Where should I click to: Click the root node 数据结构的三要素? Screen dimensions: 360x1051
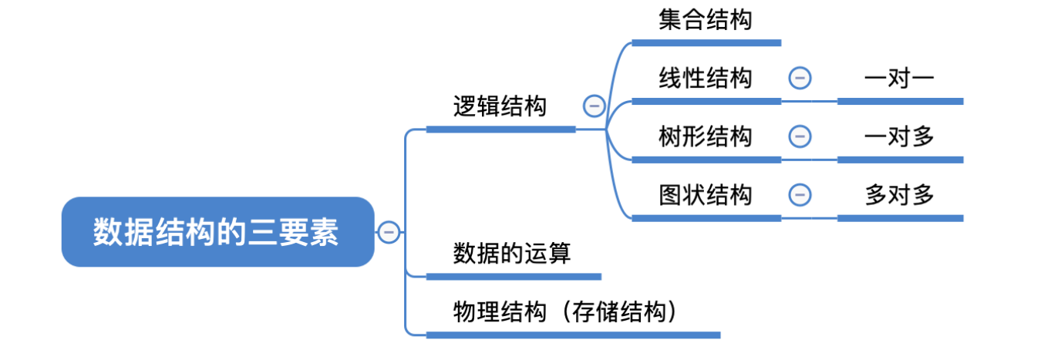(x=217, y=232)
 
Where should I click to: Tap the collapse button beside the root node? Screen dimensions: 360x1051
(x=389, y=232)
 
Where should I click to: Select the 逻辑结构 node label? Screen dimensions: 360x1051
(x=500, y=106)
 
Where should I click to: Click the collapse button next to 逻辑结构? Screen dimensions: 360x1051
(x=594, y=106)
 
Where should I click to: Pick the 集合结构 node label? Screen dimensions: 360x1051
(x=705, y=19)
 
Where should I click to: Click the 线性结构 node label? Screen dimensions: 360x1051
(x=705, y=78)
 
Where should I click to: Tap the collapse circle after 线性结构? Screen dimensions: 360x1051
(x=800, y=78)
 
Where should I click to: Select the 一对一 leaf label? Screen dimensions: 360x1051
(x=899, y=78)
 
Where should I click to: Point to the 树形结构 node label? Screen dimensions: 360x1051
(x=705, y=136)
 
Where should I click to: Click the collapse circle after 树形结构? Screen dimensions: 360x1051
(x=800, y=136)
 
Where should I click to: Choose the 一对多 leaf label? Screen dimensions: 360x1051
(x=899, y=136)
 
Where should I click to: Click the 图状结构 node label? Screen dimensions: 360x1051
(x=705, y=195)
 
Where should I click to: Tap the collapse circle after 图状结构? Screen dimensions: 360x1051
(x=800, y=195)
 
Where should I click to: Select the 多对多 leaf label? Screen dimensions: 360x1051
(x=899, y=195)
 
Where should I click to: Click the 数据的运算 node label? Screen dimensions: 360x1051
(x=512, y=253)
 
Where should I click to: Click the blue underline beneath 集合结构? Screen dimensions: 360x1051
(x=706, y=43)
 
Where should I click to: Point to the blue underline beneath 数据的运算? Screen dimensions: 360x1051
(x=514, y=276)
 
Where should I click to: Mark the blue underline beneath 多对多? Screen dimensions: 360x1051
(x=900, y=218)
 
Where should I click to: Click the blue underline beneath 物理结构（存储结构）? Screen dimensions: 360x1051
(x=572, y=335)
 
